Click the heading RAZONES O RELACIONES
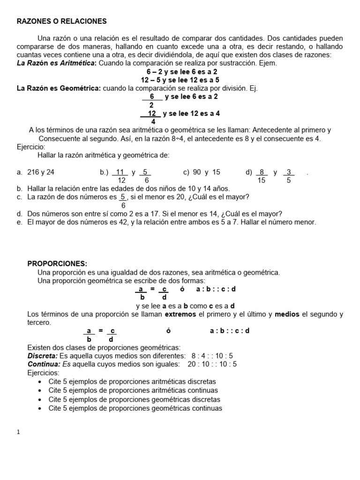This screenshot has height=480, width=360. tap(62, 21)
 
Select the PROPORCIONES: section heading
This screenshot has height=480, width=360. tap(57, 263)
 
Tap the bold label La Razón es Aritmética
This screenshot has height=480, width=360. tap(56, 63)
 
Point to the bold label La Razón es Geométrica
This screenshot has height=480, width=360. tap(59, 88)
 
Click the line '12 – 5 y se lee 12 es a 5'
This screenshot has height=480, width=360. tap(180, 80)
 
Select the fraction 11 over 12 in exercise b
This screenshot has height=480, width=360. tap(121, 176)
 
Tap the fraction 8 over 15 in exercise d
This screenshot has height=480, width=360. tap(262, 176)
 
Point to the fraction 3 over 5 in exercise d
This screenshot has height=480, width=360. tap(288, 176)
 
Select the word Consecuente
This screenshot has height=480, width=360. tap(60, 139)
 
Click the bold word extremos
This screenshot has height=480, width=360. tap(178, 314)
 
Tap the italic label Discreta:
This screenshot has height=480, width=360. tap(43, 356)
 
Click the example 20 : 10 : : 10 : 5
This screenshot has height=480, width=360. tap(212, 364)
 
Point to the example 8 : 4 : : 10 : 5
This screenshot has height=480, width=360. tap(212, 356)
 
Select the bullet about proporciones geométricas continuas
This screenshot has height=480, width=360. tap(135, 408)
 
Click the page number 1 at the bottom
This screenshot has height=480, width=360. tap(18, 433)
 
